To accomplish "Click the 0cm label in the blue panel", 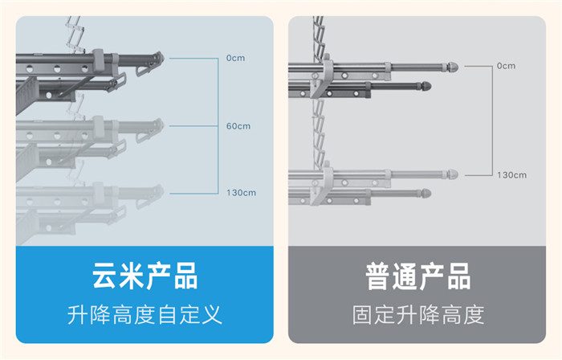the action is click(x=235, y=58).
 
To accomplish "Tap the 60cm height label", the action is click(x=238, y=126).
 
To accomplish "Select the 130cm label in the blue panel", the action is click(x=241, y=193).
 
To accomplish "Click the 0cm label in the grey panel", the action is click(x=506, y=66).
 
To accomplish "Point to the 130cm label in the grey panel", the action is click(x=512, y=175).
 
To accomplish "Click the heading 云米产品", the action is click(x=145, y=276).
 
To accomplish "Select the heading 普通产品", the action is click(x=418, y=276).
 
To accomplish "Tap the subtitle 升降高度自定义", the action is click(x=145, y=315).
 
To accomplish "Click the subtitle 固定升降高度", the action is click(x=418, y=315).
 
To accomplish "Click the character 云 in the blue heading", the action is click(x=104, y=276).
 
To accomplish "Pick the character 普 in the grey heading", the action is click(x=378, y=276).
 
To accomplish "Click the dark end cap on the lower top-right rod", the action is click(x=426, y=86).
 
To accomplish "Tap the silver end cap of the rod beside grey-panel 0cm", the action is click(x=453, y=67).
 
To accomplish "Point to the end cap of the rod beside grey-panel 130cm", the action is click(x=453, y=174).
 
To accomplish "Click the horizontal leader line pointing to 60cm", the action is click(x=193, y=126).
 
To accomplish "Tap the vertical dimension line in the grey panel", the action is click(x=493, y=121).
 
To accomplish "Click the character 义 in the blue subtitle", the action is click(x=211, y=315).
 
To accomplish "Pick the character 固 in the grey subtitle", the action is click(x=362, y=315).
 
